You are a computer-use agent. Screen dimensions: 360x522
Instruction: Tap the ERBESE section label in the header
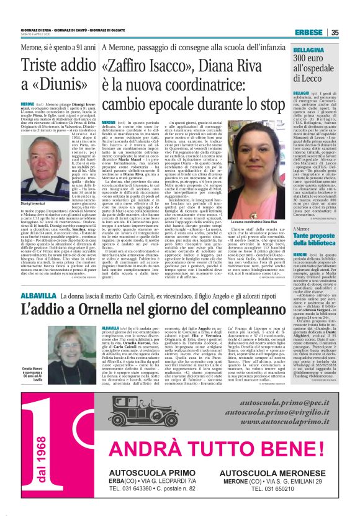pyautogui.click(x=308, y=32)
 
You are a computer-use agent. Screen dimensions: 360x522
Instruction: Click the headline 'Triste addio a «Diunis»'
pyautogui.click(x=56, y=75)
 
